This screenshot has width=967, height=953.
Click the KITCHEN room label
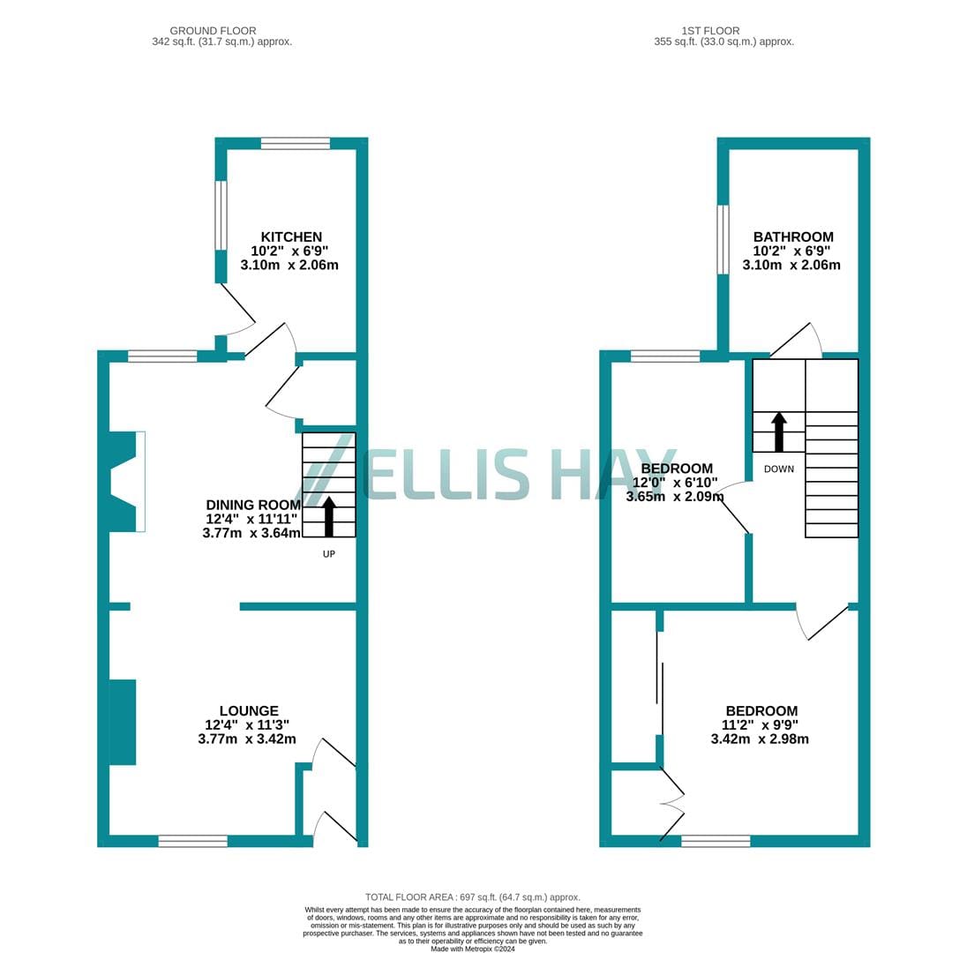pos(291,236)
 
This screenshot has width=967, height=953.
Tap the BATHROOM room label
pos(793,236)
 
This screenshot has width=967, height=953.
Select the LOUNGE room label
pos(249,710)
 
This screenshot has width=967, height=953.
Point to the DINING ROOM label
pos(253,505)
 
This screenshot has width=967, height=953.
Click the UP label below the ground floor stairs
pos(329,554)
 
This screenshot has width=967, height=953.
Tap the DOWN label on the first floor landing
pos(779,469)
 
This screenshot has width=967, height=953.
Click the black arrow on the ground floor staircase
pos(329,516)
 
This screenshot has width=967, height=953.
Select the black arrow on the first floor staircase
pos(779,431)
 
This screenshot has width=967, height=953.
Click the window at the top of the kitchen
pos(296,144)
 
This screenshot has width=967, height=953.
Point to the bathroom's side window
pos(723,239)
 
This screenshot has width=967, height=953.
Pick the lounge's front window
pos(193,841)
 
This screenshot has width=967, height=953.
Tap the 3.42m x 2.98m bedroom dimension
pos(760,739)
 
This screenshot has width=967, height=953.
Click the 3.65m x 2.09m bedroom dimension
pos(675,497)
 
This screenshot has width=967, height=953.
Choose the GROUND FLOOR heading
pos(213,31)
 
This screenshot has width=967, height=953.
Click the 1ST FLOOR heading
pos(710,31)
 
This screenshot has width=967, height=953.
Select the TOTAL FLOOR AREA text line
pos(473,897)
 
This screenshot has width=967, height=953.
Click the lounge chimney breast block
pos(123,723)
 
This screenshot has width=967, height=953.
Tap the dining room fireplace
pos(127,481)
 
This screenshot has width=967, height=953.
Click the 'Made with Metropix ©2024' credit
pos(473,949)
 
